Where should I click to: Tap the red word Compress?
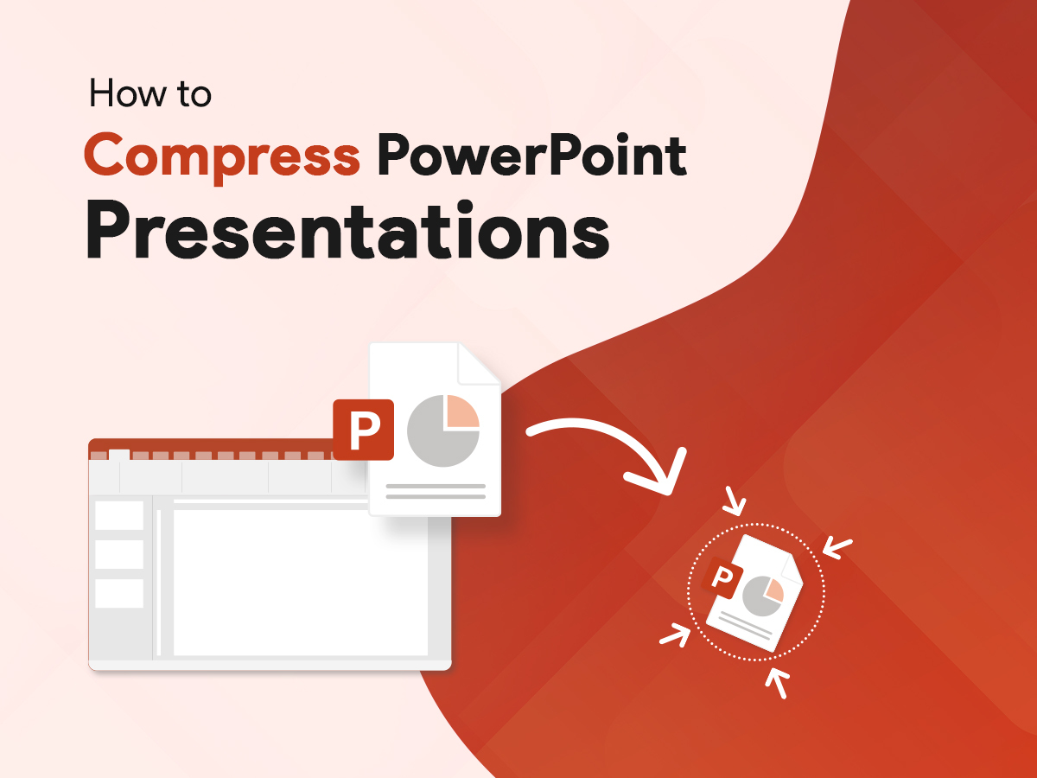221,156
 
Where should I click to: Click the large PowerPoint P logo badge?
364,429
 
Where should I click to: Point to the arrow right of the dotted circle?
837,546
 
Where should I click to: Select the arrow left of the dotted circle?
675,635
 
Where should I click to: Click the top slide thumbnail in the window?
119,515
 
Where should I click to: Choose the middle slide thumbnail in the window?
119,554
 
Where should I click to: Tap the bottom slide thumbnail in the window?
119,594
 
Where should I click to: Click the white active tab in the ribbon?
119,455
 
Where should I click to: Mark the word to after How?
191,94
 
